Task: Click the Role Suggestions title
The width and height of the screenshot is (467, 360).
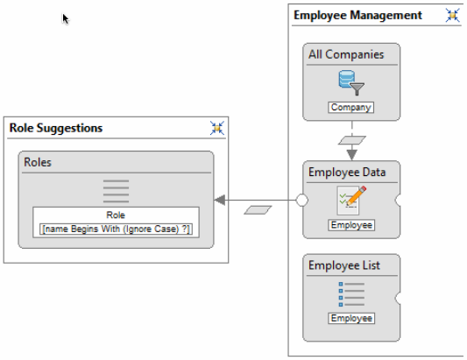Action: coord(56,128)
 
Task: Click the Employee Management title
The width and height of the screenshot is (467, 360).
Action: coord(357,15)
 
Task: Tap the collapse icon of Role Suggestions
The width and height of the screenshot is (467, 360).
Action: coord(217,128)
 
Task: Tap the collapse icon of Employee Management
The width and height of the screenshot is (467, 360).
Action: coord(452,15)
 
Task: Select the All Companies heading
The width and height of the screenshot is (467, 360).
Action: coord(346,54)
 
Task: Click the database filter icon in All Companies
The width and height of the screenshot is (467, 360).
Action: coord(351,82)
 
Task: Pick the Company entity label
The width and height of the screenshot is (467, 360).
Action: coord(351,107)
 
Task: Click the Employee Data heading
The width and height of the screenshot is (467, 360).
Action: coord(347,172)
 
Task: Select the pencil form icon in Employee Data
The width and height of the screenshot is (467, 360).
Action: coord(351,201)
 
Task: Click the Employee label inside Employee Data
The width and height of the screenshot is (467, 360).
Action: coord(351,225)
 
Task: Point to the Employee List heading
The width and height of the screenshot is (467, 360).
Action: coord(344,265)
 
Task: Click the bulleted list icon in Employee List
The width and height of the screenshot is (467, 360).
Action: coord(351,294)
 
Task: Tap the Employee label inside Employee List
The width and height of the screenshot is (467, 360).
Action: coord(351,318)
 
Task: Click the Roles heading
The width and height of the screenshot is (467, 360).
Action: coord(38,162)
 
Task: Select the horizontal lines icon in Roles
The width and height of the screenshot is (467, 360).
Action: coord(116,191)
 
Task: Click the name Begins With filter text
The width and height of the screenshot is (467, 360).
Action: coord(116,229)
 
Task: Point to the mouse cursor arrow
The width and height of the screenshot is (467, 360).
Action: coord(65,18)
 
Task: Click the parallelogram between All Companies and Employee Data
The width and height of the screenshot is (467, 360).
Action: coord(352,140)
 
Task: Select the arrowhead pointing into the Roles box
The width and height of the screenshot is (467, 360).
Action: coord(220,200)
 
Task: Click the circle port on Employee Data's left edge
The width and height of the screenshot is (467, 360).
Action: coord(301,200)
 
